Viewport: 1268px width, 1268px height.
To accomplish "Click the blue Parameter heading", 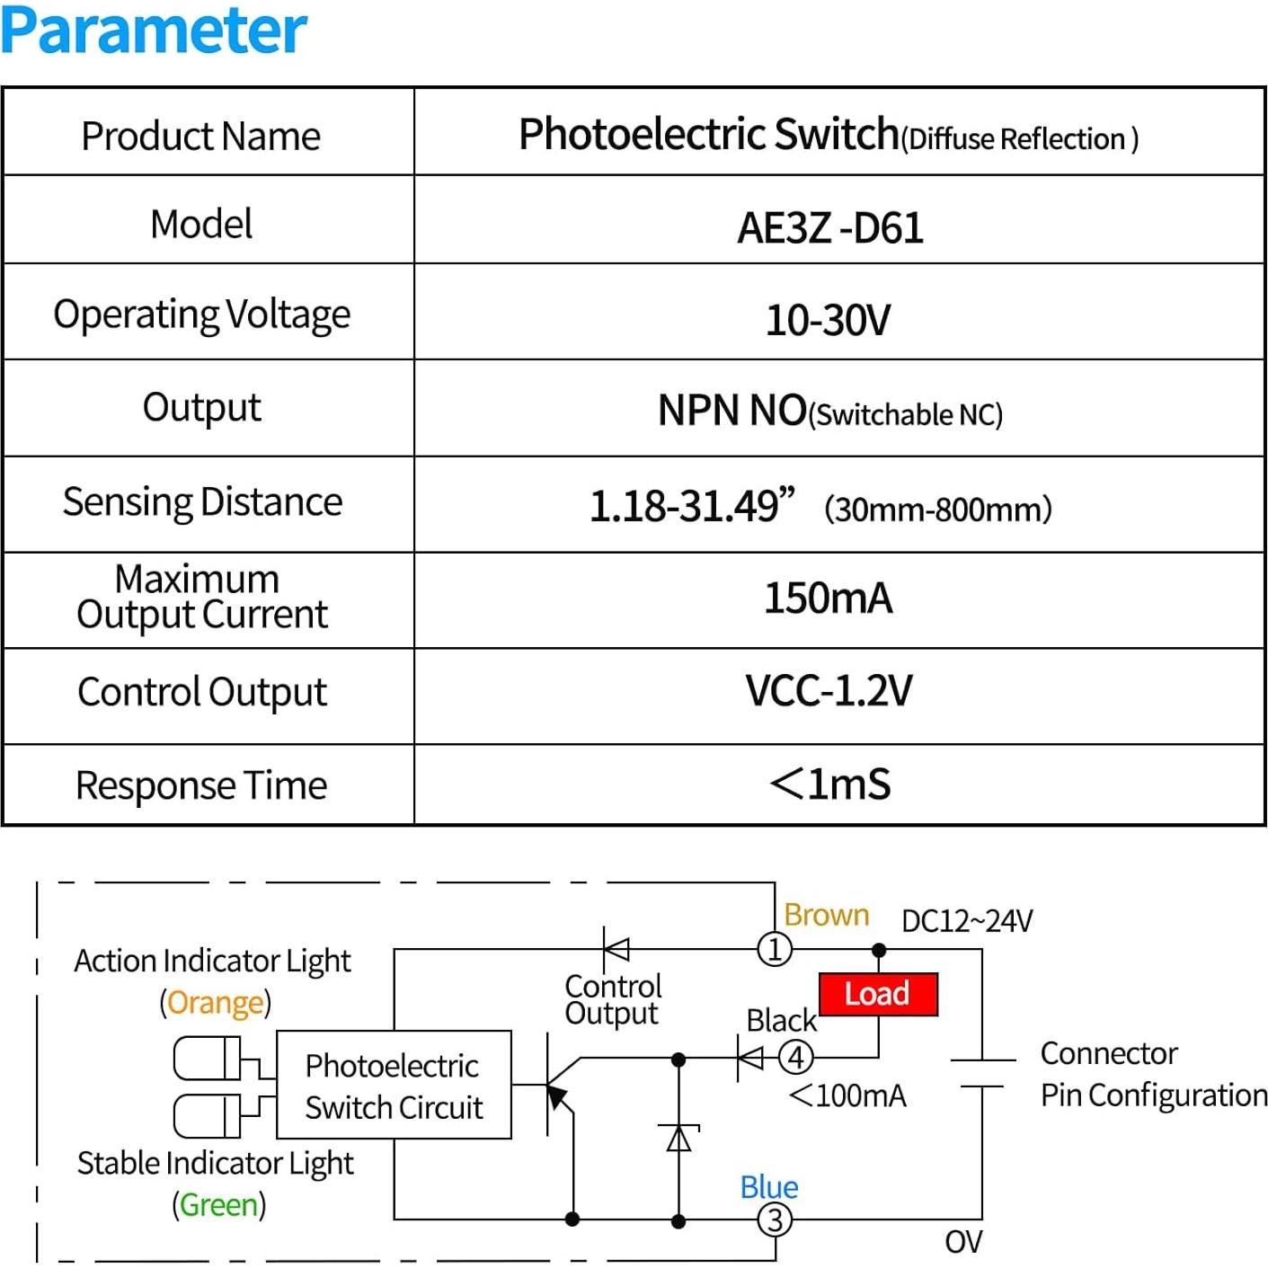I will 154,31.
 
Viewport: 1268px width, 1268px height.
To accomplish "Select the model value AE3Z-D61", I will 829,227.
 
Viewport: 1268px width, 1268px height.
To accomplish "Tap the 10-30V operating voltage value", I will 828,320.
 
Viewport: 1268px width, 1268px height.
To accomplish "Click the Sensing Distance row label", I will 202,501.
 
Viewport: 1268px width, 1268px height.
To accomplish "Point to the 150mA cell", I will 828,599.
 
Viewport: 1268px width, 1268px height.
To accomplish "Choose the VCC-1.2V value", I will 829,691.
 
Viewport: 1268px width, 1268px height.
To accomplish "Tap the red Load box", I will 878,994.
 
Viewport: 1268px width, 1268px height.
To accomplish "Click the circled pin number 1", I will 775,949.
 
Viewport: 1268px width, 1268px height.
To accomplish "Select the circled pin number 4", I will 795,1057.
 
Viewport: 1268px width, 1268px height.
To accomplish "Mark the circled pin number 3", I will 775,1219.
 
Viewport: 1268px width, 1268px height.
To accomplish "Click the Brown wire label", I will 826,915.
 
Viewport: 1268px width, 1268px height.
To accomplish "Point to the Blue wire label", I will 768,1187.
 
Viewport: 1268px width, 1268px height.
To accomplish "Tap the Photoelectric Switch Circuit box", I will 394,1086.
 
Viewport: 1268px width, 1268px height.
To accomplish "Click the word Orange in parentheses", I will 216,1002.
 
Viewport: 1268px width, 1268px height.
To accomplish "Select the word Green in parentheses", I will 218,1204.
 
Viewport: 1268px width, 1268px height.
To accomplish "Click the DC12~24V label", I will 967,921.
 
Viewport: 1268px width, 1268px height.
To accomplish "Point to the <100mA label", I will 847,1095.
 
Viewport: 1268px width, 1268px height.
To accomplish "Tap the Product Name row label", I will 200,137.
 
